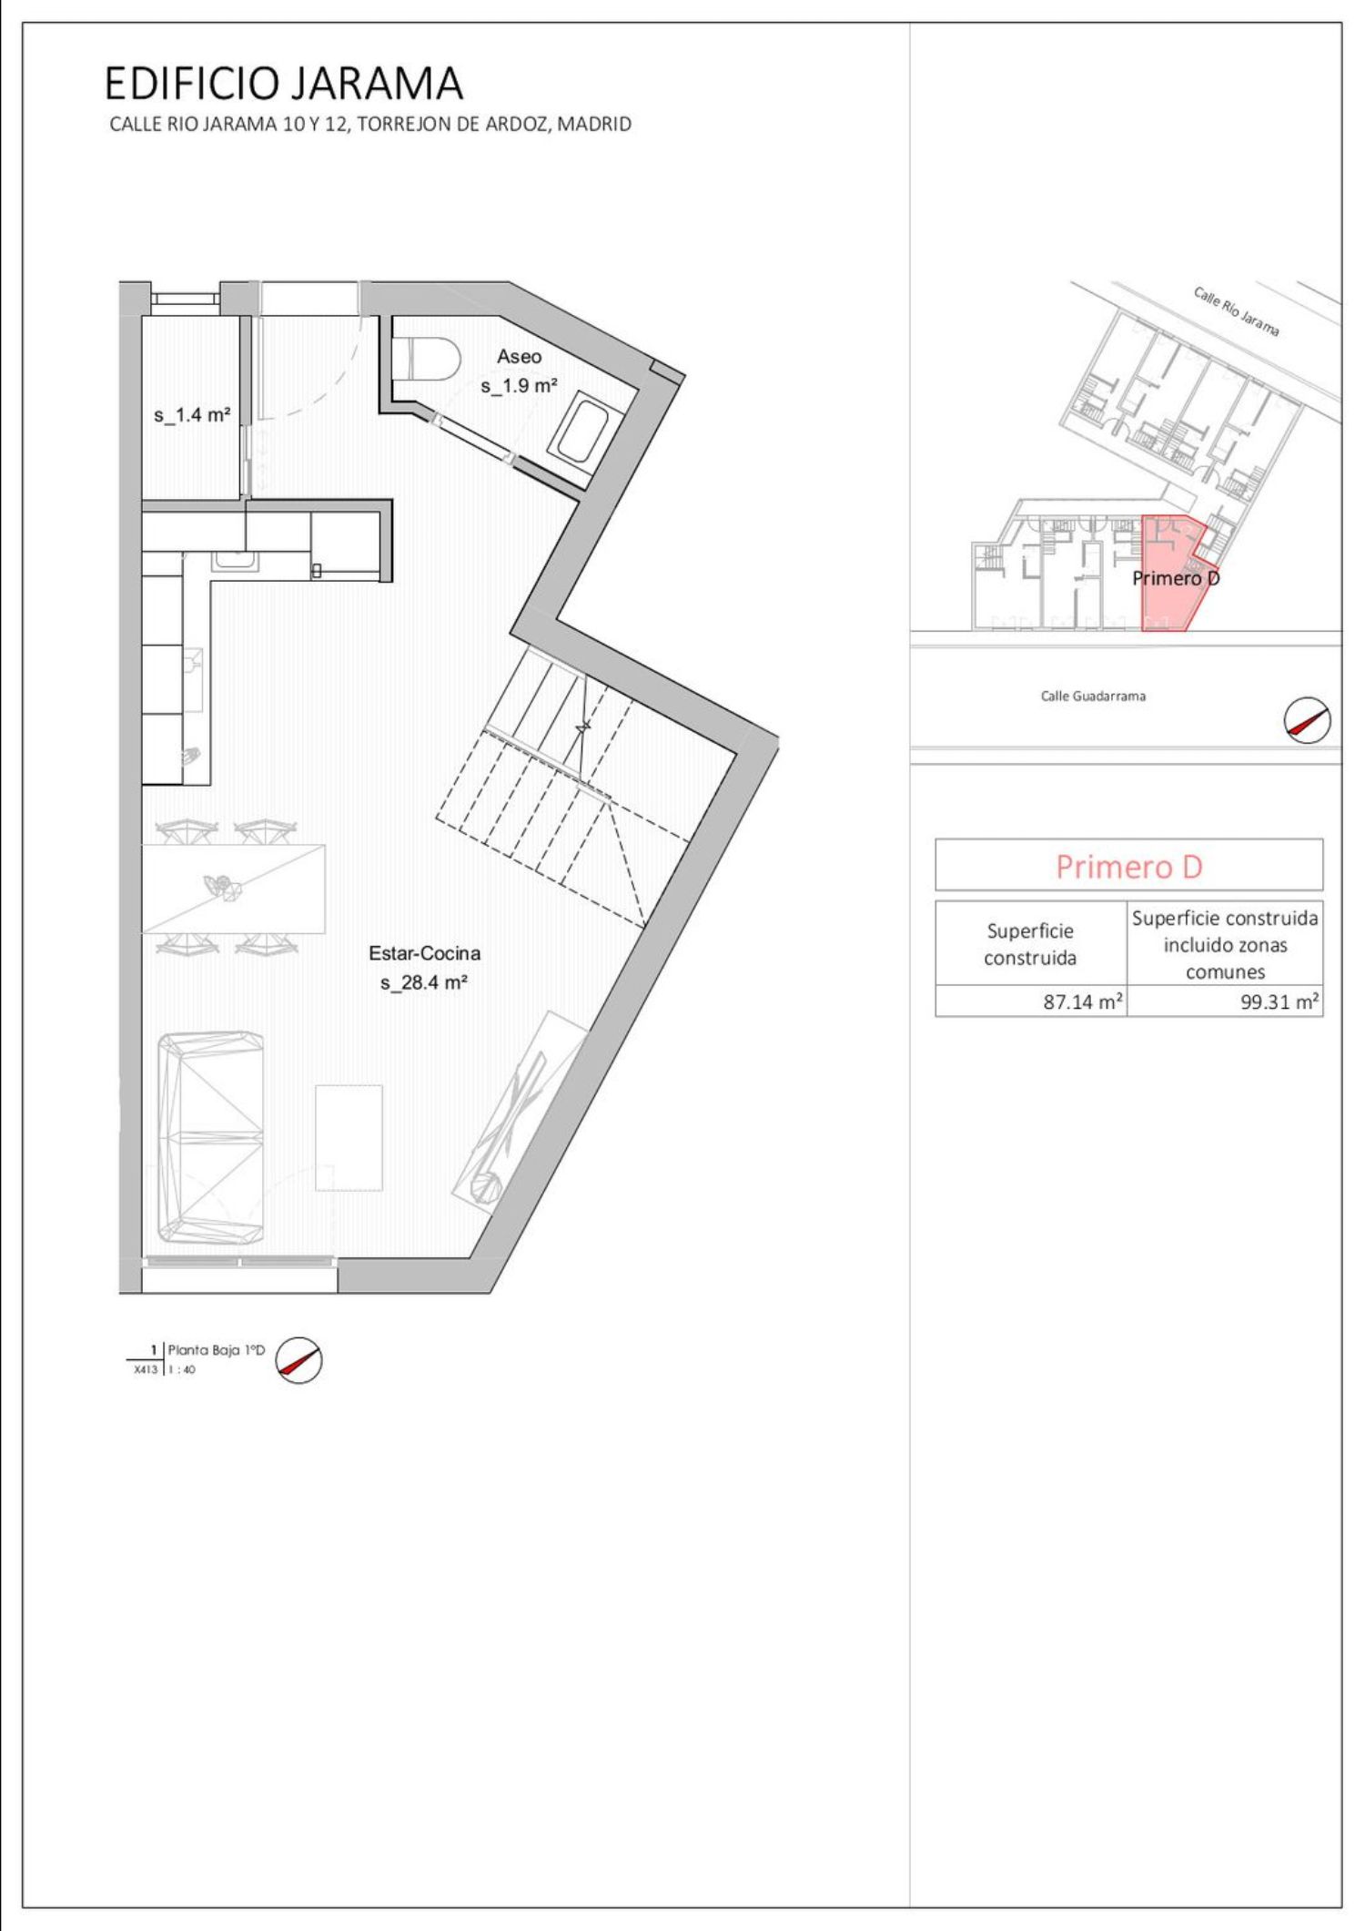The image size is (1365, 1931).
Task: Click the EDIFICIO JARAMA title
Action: [284, 84]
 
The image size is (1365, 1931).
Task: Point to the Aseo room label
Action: [519, 356]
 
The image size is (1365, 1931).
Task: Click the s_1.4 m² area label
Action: [192, 415]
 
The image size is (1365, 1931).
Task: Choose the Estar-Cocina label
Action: [424, 953]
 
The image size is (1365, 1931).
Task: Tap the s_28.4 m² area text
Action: [424, 982]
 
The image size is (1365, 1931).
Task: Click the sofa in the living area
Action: [212, 1139]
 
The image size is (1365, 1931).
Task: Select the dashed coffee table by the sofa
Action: [349, 1137]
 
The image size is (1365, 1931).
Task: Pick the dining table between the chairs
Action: [234, 889]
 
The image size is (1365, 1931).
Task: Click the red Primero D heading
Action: [1128, 866]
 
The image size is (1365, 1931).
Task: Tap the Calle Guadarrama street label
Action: [1093, 696]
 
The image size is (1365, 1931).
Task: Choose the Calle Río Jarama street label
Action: [1237, 311]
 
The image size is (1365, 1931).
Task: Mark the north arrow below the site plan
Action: [1307, 721]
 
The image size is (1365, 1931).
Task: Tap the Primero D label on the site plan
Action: [1176, 577]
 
